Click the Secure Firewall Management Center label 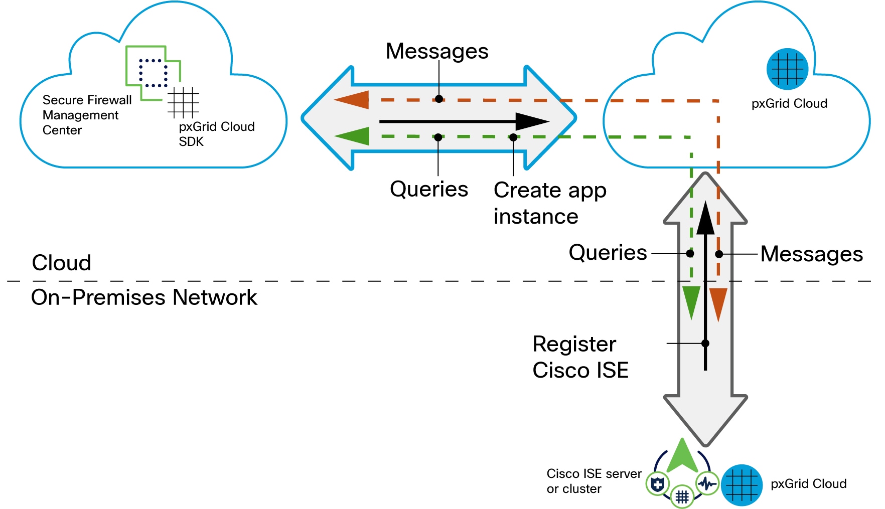(x=87, y=115)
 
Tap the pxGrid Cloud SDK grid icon (x=183, y=102)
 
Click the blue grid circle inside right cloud (x=787, y=69)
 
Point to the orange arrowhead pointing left (x=352, y=100)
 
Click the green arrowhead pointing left (x=353, y=136)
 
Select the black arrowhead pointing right (x=532, y=121)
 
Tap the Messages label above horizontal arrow (x=437, y=51)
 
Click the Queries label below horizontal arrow (x=429, y=189)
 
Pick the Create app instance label (x=550, y=203)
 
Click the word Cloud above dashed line (x=62, y=263)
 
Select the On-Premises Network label (x=144, y=297)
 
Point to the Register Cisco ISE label (x=580, y=357)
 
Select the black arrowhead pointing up (x=705, y=219)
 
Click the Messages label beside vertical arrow (x=811, y=254)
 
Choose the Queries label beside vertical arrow (x=608, y=253)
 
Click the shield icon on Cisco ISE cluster (x=657, y=484)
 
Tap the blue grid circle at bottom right (x=742, y=485)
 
